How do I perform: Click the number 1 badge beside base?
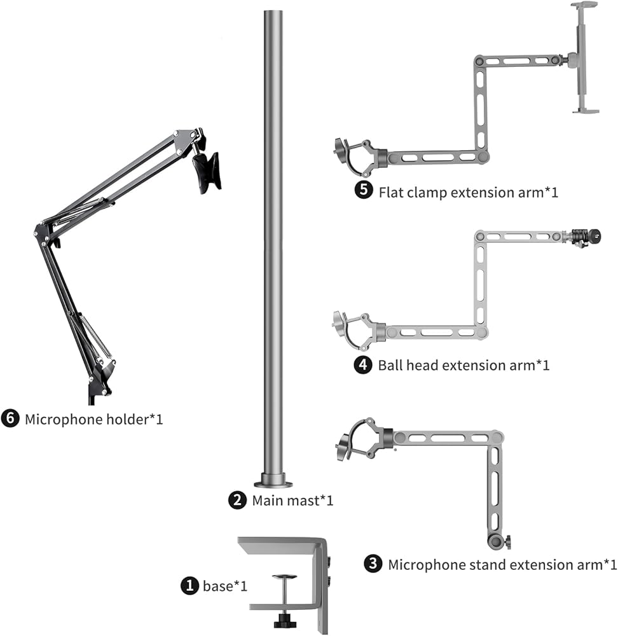pos(189,586)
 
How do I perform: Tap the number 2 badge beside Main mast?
pos(237,500)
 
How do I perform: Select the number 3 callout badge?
pos(373,564)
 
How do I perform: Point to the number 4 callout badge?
pos(363,364)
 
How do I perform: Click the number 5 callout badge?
pos(364,190)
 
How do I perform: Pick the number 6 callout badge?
pos(10,418)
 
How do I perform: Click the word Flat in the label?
pos(391,192)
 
